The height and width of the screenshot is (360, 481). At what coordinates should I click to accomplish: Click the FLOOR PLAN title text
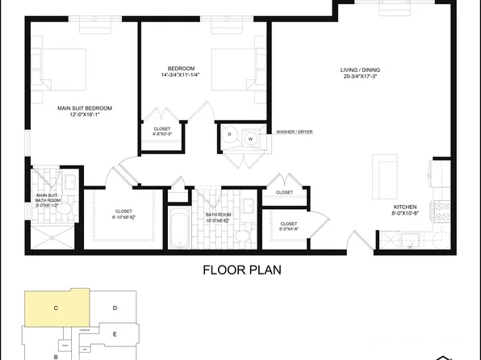click(x=241, y=269)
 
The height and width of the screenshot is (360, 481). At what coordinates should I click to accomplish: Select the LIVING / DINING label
click(x=360, y=70)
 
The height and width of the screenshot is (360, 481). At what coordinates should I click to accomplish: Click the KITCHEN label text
click(x=404, y=207)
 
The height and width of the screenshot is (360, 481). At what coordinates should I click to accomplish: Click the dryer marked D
click(x=229, y=134)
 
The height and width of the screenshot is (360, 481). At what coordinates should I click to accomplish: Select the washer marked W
click(x=250, y=139)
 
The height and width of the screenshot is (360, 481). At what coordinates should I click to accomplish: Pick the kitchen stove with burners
click(x=441, y=212)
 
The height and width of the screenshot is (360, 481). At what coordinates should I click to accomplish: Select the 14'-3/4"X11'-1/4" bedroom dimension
click(x=182, y=75)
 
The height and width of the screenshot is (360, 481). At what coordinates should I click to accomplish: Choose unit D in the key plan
click(x=115, y=308)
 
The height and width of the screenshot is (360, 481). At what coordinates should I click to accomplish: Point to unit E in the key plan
click(x=115, y=333)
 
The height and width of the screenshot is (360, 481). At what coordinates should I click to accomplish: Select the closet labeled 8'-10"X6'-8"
click(x=123, y=216)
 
